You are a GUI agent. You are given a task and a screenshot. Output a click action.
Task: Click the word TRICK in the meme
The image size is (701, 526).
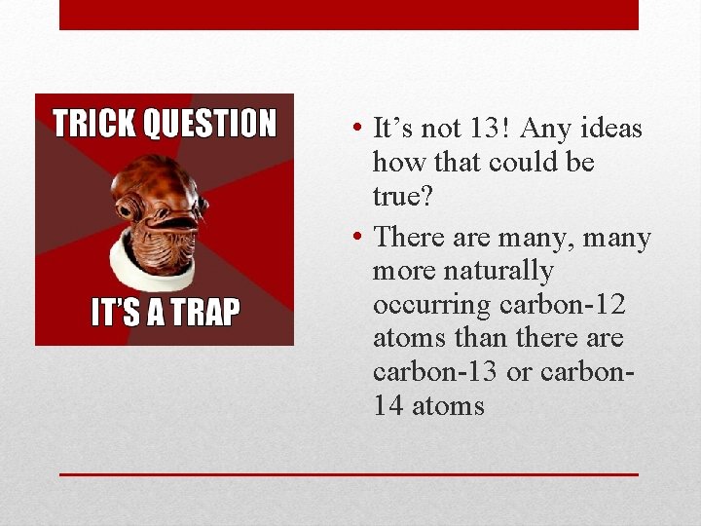[94, 125]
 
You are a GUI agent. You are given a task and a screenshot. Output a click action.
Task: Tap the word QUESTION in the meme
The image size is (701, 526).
[209, 125]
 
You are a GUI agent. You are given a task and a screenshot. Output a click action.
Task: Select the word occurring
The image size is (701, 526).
[432, 305]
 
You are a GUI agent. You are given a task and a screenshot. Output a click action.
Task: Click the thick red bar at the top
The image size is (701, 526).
[349, 15]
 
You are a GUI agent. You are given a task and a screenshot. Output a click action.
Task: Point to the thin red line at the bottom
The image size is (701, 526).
[349, 474]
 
